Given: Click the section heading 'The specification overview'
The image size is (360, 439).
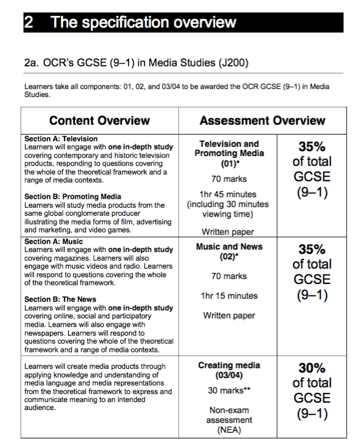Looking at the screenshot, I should click(x=143, y=23).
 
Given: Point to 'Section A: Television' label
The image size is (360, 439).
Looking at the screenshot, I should click(x=61, y=139).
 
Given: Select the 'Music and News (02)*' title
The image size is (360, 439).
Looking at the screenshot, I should click(x=229, y=251).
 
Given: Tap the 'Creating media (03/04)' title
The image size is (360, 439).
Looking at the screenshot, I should click(x=229, y=370).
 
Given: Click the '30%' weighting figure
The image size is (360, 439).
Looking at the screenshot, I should click(x=311, y=368).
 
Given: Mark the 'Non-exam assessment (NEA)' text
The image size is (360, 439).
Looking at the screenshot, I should click(x=229, y=421).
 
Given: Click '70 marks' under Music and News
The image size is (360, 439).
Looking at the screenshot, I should click(x=229, y=276).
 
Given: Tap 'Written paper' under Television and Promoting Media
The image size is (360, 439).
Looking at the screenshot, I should click(x=229, y=232).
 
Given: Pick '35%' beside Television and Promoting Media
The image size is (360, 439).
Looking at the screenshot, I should click(x=311, y=147).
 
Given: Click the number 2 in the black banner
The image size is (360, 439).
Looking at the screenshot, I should click(x=29, y=23).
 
